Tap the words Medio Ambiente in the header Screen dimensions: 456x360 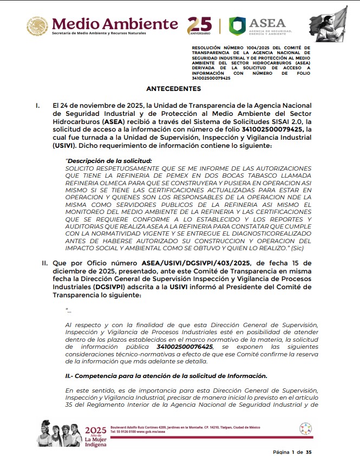tap(115, 23)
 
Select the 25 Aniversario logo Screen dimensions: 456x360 tap(199, 25)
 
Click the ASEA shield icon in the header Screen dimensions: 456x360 tap(237, 26)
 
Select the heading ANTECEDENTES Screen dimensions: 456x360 tap(173, 89)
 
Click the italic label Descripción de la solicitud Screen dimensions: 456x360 tap(109, 161)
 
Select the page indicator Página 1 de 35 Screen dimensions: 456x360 tap(293, 452)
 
